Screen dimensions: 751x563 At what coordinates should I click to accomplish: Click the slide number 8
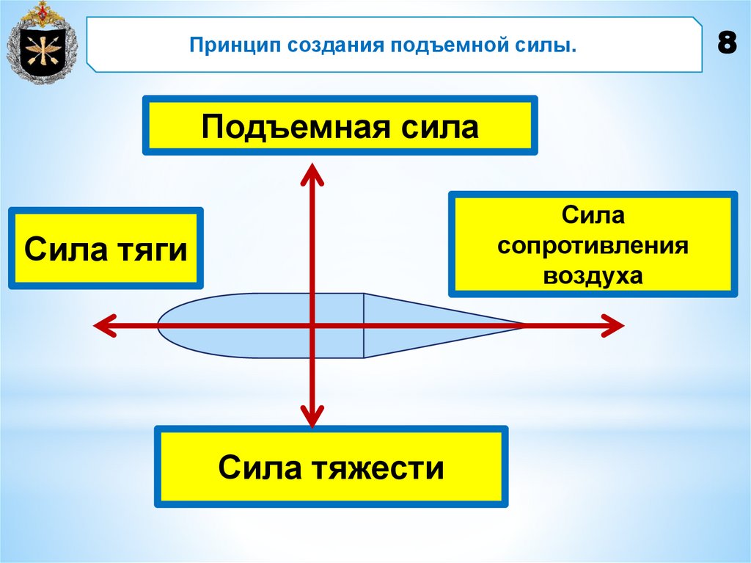(x=727, y=45)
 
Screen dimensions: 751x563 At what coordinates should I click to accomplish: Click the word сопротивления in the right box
(x=593, y=245)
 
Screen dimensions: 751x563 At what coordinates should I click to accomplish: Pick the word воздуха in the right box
(x=593, y=275)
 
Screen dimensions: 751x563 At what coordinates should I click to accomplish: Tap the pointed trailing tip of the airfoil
(x=522, y=325)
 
